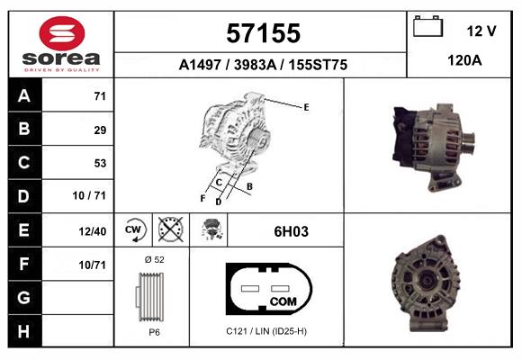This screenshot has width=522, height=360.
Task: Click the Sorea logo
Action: coord(61,42)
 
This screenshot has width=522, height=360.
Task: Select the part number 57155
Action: coord(261,33)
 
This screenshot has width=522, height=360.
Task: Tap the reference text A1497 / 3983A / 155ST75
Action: coord(262,65)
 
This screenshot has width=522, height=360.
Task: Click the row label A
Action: coord(22,95)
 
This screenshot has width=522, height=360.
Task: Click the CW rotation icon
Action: coord(134,230)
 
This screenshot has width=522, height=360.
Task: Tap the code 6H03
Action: coord(291,231)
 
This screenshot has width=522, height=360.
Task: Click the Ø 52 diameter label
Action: coord(152,259)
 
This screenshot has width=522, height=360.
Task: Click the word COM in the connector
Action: coord(283,300)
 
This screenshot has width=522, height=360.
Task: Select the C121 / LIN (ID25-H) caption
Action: coord(265,331)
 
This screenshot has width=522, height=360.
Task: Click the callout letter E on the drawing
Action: coord(306,107)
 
